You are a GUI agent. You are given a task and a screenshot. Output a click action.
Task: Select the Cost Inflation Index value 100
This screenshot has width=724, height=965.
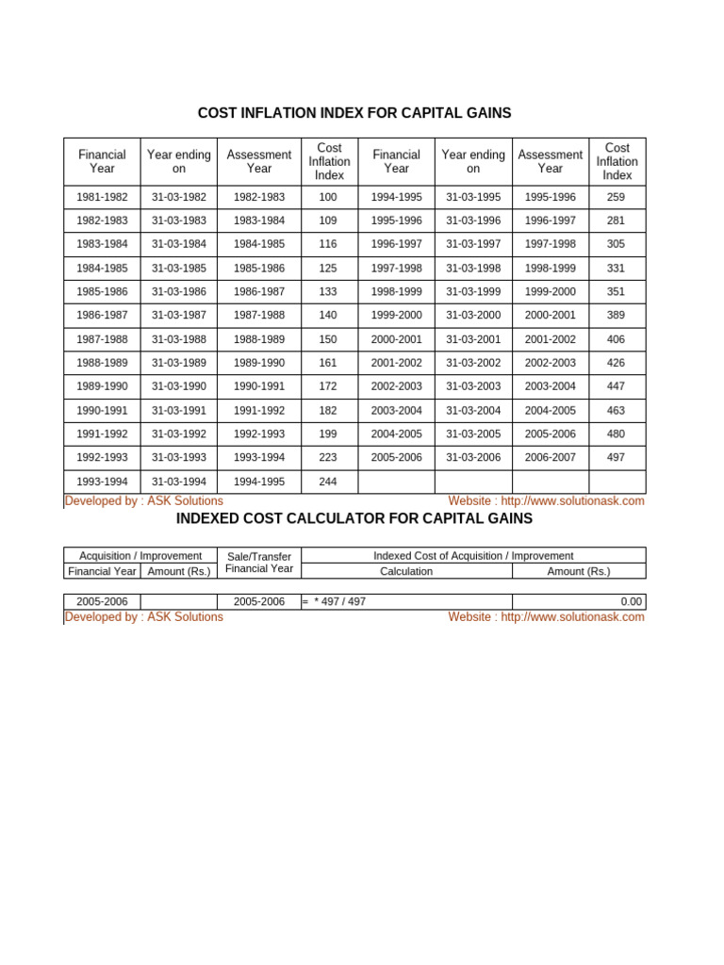[x=328, y=197]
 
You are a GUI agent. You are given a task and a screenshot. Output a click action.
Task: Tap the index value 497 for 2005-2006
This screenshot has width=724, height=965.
[x=617, y=457]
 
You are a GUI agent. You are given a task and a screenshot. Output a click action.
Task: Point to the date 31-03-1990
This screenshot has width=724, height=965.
[x=179, y=386]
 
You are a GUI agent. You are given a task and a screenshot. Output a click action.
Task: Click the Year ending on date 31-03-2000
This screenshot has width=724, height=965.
[x=473, y=316]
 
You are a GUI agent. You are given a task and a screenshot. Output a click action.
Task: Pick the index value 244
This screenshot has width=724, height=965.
[x=328, y=482]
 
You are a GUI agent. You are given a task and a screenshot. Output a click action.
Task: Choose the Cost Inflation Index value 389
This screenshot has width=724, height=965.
[x=617, y=316]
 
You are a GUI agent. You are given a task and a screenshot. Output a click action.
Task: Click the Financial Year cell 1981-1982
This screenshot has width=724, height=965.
[x=102, y=197]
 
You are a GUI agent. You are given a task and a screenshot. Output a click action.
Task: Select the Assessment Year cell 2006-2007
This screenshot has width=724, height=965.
[x=550, y=457]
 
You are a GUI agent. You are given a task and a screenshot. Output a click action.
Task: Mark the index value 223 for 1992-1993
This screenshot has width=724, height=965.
[x=328, y=457]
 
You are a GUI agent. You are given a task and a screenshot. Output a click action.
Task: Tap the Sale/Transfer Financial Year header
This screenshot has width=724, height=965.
[x=259, y=563]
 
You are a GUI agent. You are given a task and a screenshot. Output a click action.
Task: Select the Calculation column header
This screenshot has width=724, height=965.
[x=406, y=571]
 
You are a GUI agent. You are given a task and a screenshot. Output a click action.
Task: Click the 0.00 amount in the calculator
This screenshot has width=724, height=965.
[x=631, y=601]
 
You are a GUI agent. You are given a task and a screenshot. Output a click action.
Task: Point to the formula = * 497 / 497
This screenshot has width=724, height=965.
[x=334, y=601]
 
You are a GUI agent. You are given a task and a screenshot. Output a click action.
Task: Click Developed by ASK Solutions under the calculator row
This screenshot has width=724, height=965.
[x=143, y=616]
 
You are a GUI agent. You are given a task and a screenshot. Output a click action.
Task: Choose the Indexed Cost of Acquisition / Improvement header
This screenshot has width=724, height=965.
[x=473, y=556]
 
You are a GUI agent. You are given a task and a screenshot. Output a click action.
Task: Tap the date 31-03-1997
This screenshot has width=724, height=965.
[x=473, y=244]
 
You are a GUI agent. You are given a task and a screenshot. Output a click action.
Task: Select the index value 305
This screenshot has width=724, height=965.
[x=617, y=244]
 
